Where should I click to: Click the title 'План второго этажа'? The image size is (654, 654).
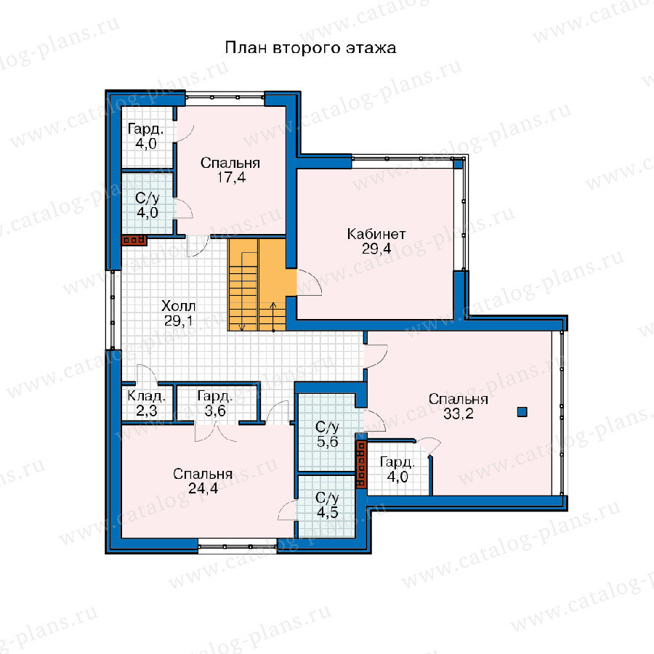pos(310,48)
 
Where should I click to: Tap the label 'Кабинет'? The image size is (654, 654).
pos(376,234)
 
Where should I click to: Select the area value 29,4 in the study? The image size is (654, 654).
pos(376,249)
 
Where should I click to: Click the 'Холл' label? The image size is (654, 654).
pos(178,306)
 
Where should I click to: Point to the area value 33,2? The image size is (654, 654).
pos(458,413)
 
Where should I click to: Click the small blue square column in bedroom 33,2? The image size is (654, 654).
pos(522,412)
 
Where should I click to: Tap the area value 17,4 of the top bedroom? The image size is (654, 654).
pos(231,178)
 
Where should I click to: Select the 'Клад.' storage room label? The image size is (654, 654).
pos(146,396)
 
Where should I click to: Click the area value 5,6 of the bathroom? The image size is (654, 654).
pos(328,442)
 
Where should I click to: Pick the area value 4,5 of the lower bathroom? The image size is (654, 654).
pos(328,512)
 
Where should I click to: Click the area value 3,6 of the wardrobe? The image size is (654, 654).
pos(215,411)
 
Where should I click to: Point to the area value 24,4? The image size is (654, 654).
pos(203,488)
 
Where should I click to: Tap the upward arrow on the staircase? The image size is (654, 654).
pos(274,317)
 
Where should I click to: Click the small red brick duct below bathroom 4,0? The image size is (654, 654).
pos(134,240)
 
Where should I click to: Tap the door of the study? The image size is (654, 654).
pos(309,283)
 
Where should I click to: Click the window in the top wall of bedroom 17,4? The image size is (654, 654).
pos(225,97)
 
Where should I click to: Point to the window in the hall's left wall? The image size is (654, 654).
pos(113,310)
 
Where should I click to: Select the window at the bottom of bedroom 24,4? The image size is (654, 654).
pos(238,546)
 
